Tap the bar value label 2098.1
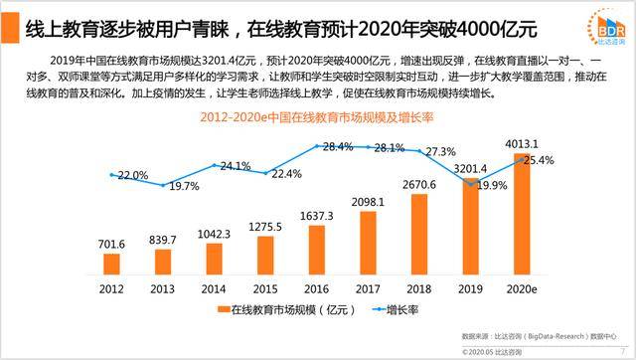[368, 202]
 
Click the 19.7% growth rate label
[184, 185]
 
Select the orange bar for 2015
[264, 254]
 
